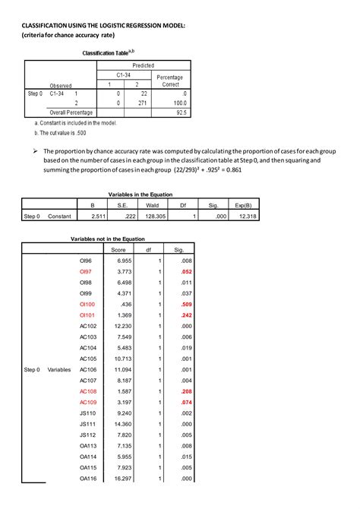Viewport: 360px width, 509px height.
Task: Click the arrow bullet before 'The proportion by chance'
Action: tap(34, 151)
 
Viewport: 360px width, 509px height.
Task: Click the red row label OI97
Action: tap(87, 270)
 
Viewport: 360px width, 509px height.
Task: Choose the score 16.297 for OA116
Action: tap(124, 479)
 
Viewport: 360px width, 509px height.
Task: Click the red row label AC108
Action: tap(88, 391)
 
